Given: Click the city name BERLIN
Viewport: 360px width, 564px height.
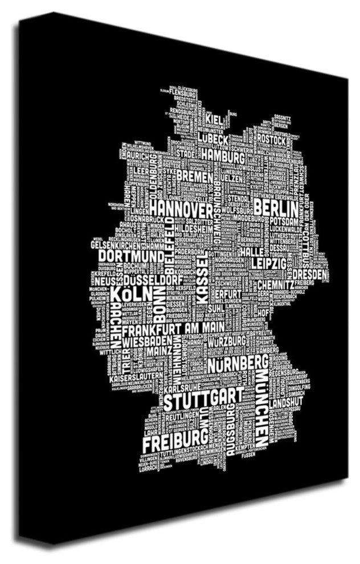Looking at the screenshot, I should [277, 205].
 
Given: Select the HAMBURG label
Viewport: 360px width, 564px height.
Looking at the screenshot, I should [223, 157].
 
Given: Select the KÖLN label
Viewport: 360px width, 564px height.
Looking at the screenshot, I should [130, 295].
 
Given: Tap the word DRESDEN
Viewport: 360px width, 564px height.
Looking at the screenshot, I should [312, 275].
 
